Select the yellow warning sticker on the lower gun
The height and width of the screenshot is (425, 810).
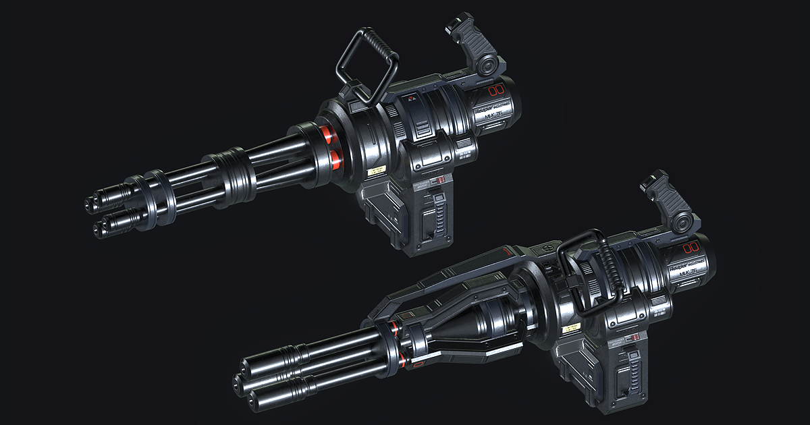pyautogui.click(x=572, y=328)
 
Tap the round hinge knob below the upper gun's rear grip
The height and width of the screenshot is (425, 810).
pyautogui.click(x=487, y=64)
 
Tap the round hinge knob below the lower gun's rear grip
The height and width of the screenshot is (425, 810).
pyautogui.click(x=684, y=221)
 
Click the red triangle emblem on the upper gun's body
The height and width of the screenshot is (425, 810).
pyautogui.click(x=410, y=98)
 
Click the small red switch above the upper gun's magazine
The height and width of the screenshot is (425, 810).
pyautogui.click(x=439, y=180)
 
